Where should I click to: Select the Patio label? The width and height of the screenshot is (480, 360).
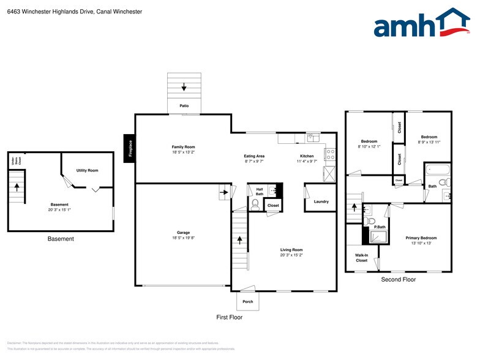tap(184, 106)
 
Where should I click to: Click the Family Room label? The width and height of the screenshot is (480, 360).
tap(183, 147)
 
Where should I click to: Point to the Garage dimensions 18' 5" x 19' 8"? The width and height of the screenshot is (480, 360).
tap(183, 238)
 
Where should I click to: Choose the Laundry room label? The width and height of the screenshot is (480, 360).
tap(321, 201)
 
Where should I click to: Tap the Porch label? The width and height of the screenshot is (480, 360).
tap(248, 301)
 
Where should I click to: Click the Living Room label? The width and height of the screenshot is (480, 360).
tap(291, 250)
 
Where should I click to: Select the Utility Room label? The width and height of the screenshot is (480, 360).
tap(87, 170)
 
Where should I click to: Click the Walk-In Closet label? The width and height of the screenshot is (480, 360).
tap(361, 258)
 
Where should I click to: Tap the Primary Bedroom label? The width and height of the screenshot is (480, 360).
tap(421, 238)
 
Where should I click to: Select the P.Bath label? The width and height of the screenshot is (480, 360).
tap(380, 227)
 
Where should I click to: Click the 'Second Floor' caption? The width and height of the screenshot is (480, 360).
tap(398, 279)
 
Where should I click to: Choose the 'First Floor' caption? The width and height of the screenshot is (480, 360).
tap(230, 317)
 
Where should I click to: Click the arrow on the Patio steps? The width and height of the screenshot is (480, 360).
tap(184, 88)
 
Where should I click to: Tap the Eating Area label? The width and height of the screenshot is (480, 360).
tap(254, 156)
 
